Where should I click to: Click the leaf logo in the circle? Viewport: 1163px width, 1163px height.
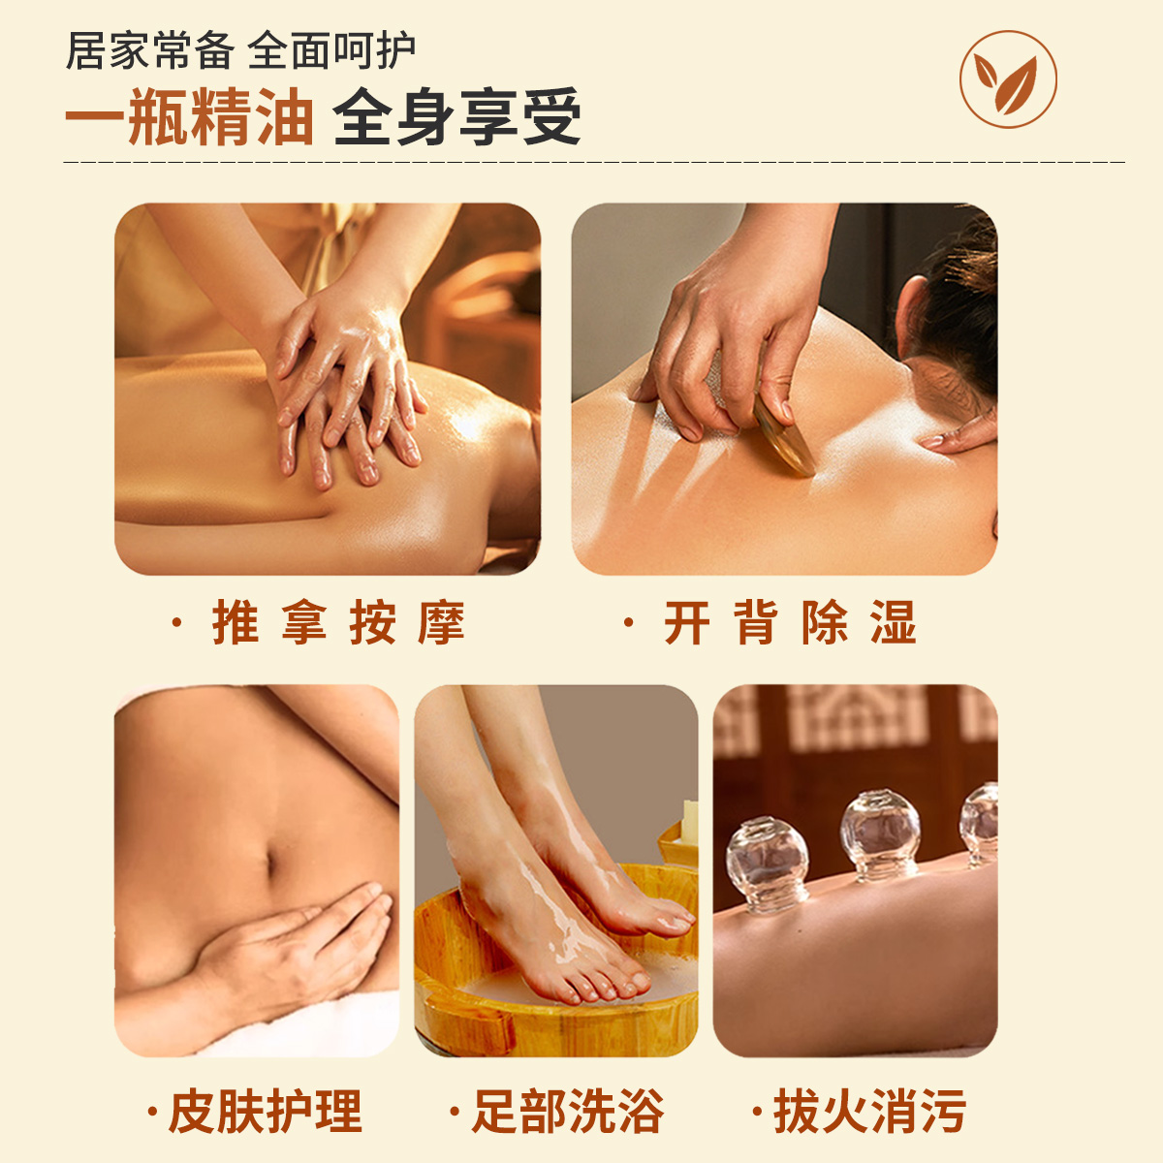point(1008,79)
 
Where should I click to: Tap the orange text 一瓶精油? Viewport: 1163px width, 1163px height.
point(190,116)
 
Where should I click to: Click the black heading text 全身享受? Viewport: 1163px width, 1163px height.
point(457,116)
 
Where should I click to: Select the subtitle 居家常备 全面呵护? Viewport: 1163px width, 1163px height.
point(240,50)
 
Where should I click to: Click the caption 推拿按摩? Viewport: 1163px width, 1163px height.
point(338,622)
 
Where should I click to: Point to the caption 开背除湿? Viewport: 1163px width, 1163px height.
point(790,622)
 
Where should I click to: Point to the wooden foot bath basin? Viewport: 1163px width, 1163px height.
point(555,972)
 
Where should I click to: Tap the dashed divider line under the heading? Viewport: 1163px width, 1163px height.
point(594,162)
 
